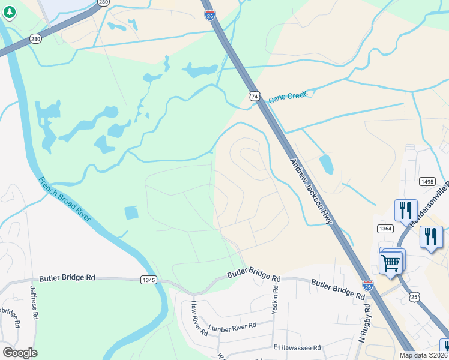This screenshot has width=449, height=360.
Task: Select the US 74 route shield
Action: pos(255,96)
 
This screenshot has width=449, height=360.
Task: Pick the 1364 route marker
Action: pos(385,229)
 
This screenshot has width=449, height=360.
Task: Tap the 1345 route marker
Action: pos(148,280)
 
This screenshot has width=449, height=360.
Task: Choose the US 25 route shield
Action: pos(414,296)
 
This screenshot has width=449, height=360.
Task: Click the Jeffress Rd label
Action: pos(34,301)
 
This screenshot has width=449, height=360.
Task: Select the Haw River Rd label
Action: pos(194,314)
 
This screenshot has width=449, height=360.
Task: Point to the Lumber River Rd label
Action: pos(232,327)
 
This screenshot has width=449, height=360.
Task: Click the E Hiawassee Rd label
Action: pos(297,347)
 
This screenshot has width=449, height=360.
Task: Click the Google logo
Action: pos(20,353)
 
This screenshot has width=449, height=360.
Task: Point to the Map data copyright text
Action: pos(423,355)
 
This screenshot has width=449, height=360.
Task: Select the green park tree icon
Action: pos(9,12)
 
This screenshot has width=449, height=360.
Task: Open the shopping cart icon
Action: pos(391,262)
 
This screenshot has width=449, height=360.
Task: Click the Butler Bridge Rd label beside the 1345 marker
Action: pos(67,278)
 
